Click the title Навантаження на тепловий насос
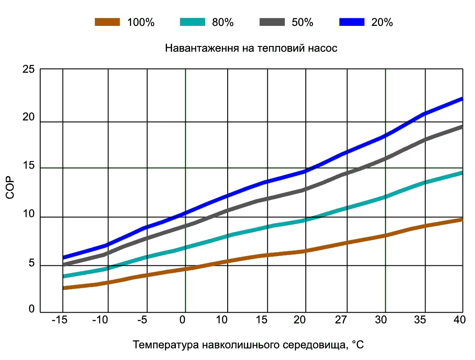pos(251,48)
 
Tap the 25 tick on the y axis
pos(28,70)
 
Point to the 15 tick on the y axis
pos(28,166)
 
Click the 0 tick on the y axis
pos(31,309)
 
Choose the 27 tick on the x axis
pos(341,320)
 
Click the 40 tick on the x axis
pos(459,320)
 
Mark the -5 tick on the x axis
pos(142,320)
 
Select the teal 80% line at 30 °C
pos(385,197)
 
